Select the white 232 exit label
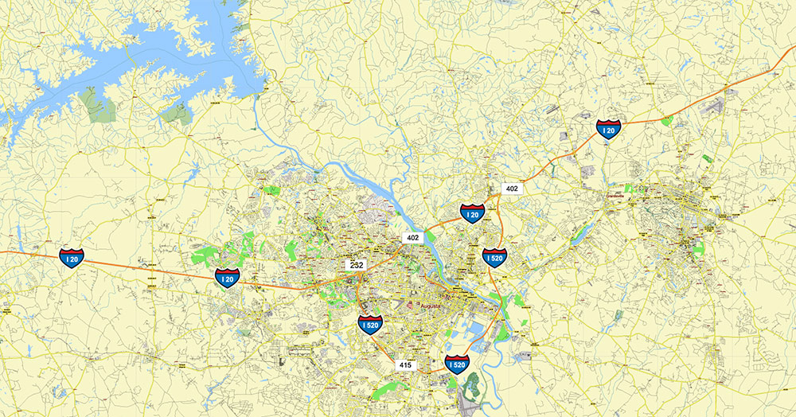coord(356,263)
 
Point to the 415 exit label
coord(405,364)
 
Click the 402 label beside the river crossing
coord(412,237)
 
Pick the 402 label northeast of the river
coord(512,189)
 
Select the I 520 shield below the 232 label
coord(370,324)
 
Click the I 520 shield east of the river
coord(494,257)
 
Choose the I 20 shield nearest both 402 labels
coord(473,213)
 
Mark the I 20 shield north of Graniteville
coord(609,129)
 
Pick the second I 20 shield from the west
coord(227,277)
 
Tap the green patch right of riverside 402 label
coord(431,234)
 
